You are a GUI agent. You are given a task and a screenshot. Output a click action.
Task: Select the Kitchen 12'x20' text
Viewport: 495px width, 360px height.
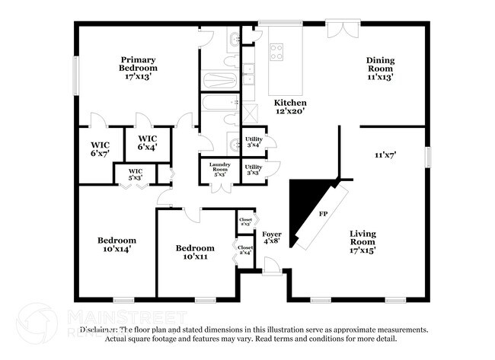pyautogui.click(x=290, y=107)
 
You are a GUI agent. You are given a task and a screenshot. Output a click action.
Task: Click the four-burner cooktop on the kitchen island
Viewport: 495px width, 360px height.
pyautogui.click(x=276, y=52)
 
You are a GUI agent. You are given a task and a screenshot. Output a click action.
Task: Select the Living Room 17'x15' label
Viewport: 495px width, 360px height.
pyautogui.click(x=368, y=241)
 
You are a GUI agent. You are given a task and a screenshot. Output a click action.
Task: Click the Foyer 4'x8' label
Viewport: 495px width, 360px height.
pyautogui.click(x=272, y=237)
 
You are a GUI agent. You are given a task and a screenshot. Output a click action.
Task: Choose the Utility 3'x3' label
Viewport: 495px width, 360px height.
pyautogui.click(x=253, y=170)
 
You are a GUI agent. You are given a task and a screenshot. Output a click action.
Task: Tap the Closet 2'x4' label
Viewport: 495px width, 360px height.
pyautogui.click(x=245, y=250)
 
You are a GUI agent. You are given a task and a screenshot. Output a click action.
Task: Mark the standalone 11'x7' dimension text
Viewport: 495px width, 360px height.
pyautogui.click(x=385, y=155)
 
